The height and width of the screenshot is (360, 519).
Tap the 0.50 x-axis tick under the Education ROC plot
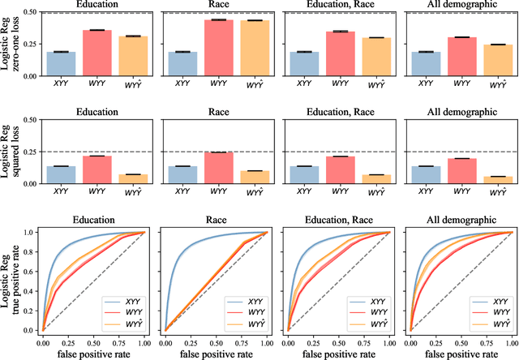coord(92,339)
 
